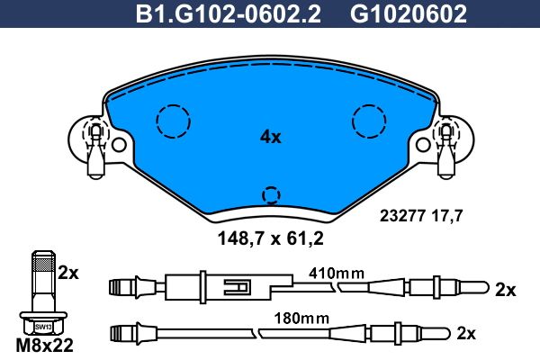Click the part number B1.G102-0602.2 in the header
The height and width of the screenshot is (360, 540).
pyautogui.click(x=229, y=14)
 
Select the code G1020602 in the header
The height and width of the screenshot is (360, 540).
pyautogui.click(x=409, y=14)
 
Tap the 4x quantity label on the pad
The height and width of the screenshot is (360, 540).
pyautogui.click(x=270, y=137)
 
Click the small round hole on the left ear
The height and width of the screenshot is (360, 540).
pyautogui.click(x=119, y=144)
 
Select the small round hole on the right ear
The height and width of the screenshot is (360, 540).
pyautogui.click(x=423, y=144)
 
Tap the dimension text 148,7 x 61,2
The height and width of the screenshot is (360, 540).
pyautogui.click(x=270, y=238)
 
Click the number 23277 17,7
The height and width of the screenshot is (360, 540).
pyautogui.click(x=421, y=216)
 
